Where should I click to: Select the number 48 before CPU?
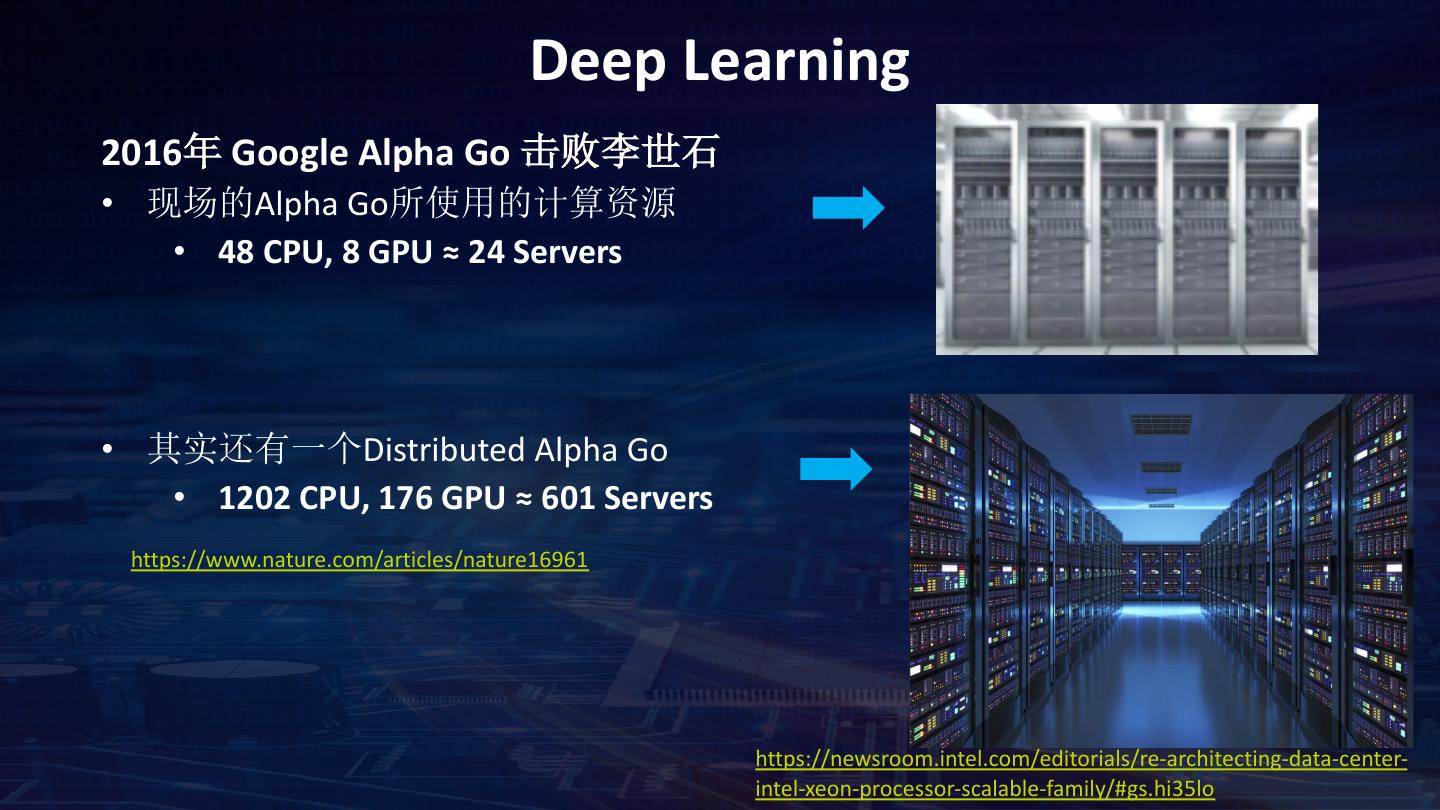pyautogui.click(x=236, y=252)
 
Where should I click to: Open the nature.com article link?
pyautogui.click(x=359, y=559)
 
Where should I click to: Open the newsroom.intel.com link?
pyautogui.click(x=1081, y=760)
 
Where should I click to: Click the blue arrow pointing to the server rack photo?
pyautogui.click(x=848, y=208)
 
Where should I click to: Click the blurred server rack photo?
pyautogui.click(x=1126, y=229)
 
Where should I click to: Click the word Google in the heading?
pyautogui.click(x=288, y=153)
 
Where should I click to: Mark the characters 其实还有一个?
pyautogui.click(x=254, y=450)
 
